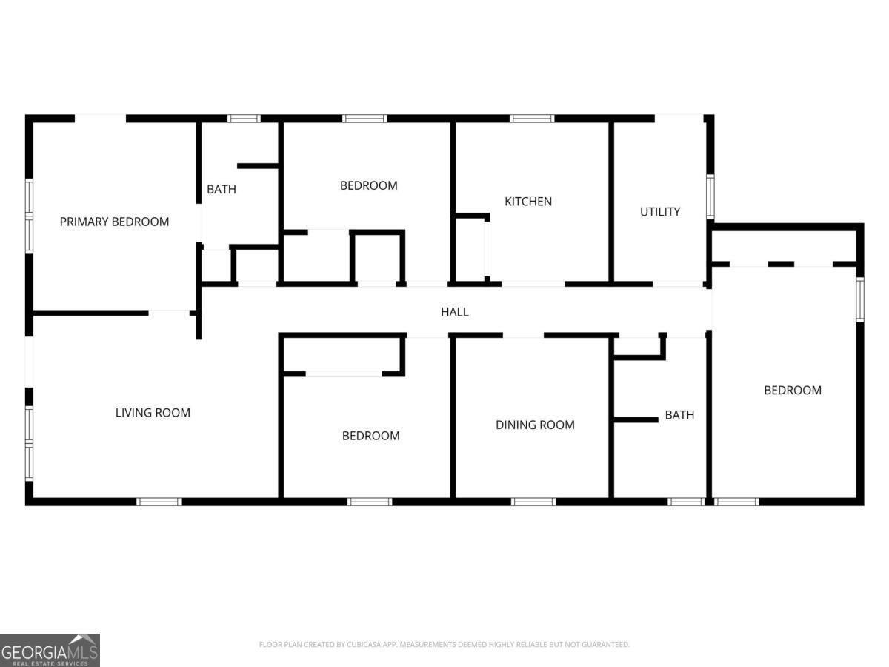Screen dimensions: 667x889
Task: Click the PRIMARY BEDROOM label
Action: pyautogui.click(x=114, y=222)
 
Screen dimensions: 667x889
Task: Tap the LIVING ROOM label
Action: pyautogui.click(x=153, y=413)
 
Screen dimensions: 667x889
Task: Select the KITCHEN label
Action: pyautogui.click(x=528, y=202)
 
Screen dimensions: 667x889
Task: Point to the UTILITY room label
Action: pyautogui.click(x=659, y=212)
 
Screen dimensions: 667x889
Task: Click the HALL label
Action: pyautogui.click(x=454, y=312)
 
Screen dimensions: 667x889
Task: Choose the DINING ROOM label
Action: pyautogui.click(x=535, y=425)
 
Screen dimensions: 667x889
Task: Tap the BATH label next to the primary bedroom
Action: pyautogui.click(x=221, y=190)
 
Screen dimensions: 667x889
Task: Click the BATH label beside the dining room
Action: pyautogui.click(x=679, y=415)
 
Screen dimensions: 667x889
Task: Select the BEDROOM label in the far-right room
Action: pyautogui.click(x=792, y=391)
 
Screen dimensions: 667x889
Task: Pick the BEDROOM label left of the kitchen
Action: pyautogui.click(x=368, y=185)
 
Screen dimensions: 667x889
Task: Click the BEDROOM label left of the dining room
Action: pyautogui.click(x=370, y=436)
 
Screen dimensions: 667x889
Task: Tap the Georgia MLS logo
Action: pyautogui.click(x=50, y=650)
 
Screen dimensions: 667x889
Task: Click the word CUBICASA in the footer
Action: pyautogui.click(x=364, y=645)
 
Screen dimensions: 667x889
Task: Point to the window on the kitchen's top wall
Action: pyautogui.click(x=532, y=119)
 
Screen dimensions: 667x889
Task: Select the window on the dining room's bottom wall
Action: pyautogui.click(x=533, y=502)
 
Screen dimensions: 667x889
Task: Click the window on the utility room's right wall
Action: pyautogui.click(x=709, y=196)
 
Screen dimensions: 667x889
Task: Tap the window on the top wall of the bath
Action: pyautogui.click(x=244, y=119)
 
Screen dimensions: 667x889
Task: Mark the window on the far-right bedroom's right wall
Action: pyautogui.click(x=860, y=299)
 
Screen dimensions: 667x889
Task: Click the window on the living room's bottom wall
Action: pyautogui.click(x=159, y=502)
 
